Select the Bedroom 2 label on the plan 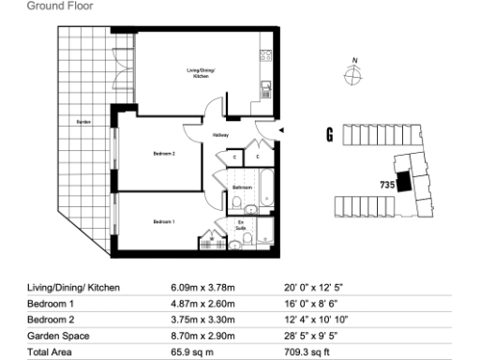165,153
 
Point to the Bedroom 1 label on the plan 165,221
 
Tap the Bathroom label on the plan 244,187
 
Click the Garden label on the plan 82,123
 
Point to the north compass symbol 352,77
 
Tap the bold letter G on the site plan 329,135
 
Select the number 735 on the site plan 385,184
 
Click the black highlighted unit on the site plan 403,182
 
